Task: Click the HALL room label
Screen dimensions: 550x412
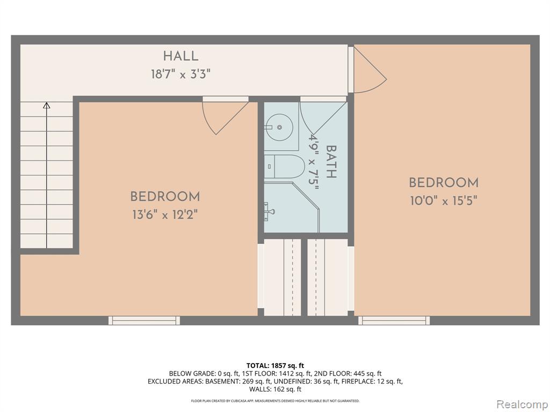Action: [x=180, y=56]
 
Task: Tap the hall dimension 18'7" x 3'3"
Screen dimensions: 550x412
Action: [x=180, y=74]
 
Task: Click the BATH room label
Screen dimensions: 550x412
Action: [x=331, y=161]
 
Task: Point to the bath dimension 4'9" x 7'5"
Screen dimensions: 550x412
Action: [x=313, y=161]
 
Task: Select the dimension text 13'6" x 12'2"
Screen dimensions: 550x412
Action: [x=165, y=214]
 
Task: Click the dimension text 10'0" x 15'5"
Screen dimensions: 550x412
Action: [x=444, y=201]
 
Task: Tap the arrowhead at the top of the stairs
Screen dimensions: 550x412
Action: [x=47, y=105]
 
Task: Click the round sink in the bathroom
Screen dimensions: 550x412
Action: [x=279, y=127]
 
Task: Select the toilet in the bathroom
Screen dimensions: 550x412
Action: [x=284, y=166]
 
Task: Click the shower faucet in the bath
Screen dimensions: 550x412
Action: [x=270, y=211]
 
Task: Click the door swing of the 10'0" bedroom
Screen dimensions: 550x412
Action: [x=370, y=70]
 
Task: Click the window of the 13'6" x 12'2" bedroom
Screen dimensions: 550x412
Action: [x=144, y=320]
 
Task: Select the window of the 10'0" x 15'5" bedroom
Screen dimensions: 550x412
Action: [x=394, y=320]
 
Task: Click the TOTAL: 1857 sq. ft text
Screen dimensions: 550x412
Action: [x=275, y=366]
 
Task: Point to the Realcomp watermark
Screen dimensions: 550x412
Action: [x=522, y=404]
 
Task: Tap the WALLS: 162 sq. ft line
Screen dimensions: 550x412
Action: [x=275, y=389]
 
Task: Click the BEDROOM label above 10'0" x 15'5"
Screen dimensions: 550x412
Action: [x=444, y=182]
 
